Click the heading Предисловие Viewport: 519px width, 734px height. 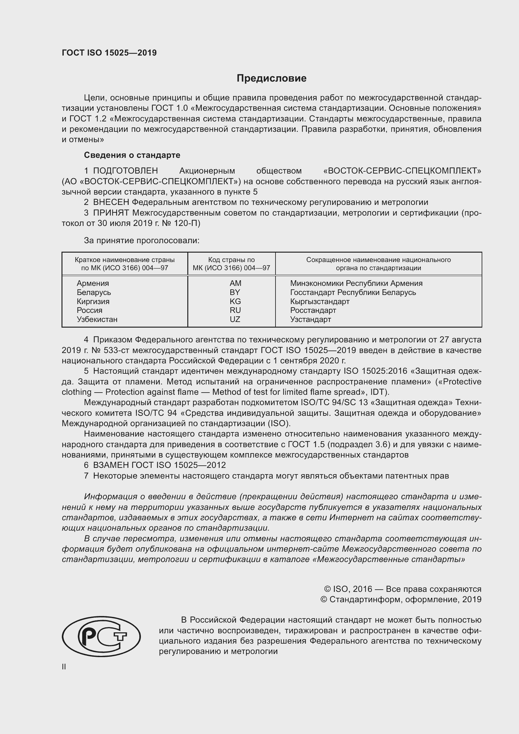(271, 78)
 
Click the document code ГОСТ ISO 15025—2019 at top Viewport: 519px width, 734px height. (109, 53)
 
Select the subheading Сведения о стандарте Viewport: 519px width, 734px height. (132, 155)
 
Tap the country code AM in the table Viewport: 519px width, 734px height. (235, 283)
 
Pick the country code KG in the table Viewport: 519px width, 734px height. (235, 302)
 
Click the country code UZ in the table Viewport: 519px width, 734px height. (235, 319)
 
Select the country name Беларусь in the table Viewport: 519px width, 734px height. (94, 292)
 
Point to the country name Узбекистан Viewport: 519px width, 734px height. (97, 319)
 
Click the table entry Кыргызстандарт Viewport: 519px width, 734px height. (319, 302)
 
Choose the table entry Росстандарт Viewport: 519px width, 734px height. (313, 310)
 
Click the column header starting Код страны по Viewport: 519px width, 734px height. (231, 264)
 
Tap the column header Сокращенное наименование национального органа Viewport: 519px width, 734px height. (378, 264)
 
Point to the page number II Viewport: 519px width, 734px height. (64, 667)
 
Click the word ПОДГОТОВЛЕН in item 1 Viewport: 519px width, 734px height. (125, 171)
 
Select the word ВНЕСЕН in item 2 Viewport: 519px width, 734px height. (111, 202)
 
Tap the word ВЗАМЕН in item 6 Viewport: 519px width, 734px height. (111, 465)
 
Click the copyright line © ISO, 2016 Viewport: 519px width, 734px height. (402, 589)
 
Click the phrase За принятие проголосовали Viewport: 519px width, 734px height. (142, 241)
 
